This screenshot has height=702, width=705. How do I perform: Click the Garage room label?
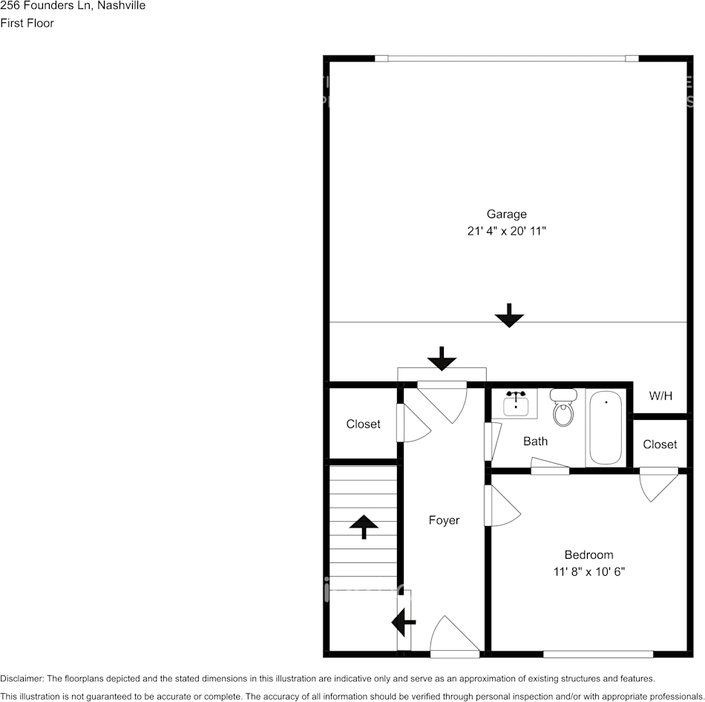point(506,214)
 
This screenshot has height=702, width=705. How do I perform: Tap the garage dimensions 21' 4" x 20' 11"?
point(506,231)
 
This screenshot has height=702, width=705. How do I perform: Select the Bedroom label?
point(588,554)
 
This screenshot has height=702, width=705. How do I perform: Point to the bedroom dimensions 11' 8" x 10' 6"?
point(588,571)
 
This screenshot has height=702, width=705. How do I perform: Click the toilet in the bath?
point(563,409)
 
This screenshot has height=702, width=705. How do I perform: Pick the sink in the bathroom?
point(516,404)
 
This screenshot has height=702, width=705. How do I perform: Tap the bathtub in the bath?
point(606,427)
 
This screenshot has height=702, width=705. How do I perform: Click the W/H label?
point(660,396)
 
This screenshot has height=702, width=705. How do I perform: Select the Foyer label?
point(444,520)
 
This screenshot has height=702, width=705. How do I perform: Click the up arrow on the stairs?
point(364,525)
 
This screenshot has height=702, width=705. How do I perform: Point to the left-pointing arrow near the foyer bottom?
point(404,623)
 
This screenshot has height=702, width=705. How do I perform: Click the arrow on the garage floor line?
point(509,315)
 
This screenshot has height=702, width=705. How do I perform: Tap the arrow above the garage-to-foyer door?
point(442,358)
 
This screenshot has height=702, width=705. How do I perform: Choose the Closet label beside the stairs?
point(363,424)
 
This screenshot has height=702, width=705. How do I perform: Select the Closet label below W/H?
point(660,444)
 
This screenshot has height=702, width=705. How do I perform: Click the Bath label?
point(535,441)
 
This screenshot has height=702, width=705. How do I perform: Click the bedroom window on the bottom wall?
point(598,654)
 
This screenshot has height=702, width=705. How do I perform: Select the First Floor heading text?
point(27,23)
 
